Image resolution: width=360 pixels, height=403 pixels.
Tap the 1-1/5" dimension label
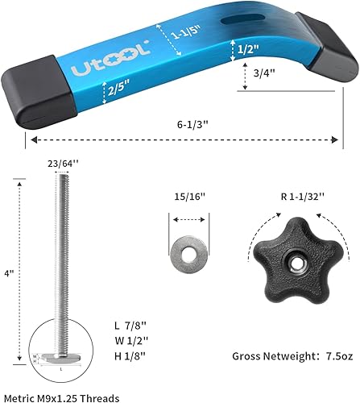click(191, 35)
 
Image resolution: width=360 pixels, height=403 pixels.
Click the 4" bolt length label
click(10, 274)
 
